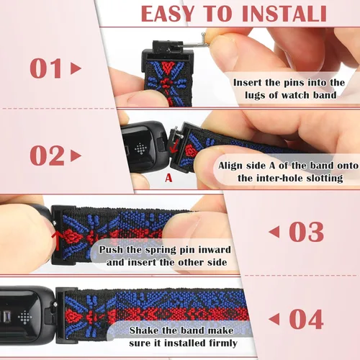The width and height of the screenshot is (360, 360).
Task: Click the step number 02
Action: [47, 156]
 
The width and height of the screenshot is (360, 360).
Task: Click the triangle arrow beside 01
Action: [76, 69]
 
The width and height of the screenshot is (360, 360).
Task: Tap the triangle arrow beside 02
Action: [76, 156]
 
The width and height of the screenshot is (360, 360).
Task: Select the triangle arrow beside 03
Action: [274, 232]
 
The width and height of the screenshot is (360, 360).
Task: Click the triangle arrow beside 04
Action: [274, 318]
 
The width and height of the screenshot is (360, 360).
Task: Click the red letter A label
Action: [168, 176]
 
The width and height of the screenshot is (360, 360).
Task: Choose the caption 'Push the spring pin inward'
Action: [166, 256]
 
